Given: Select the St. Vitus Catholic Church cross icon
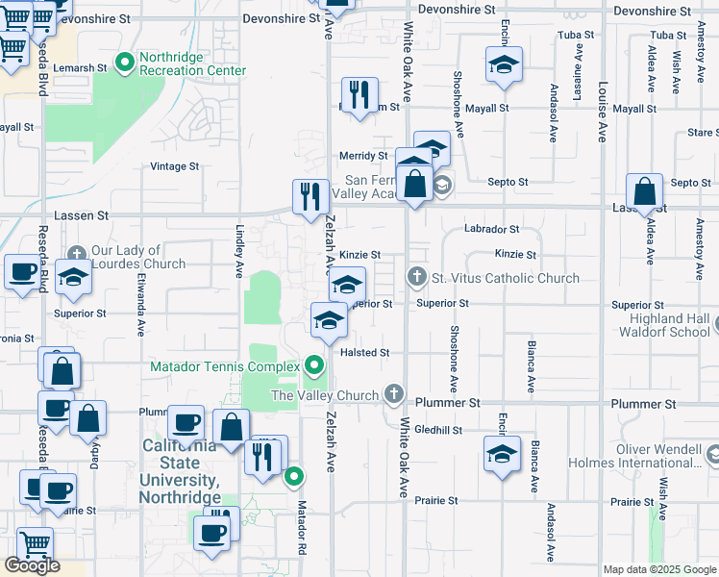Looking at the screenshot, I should pyautogui.click(x=416, y=278).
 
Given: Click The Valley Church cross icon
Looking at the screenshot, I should pyautogui.click(x=393, y=394).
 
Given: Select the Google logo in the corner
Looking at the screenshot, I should pyautogui.click(x=32, y=565).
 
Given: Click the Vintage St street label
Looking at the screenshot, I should pyautogui.click(x=174, y=166).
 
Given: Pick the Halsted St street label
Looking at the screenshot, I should pyautogui.click(x=364, y=353).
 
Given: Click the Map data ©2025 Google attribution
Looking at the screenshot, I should pyautogui.click(x=659, y=569).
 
